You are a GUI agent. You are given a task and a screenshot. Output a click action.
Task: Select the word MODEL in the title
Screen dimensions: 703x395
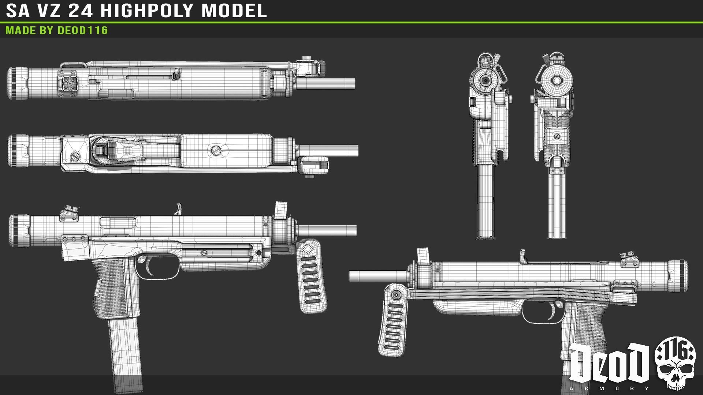(x=234, y=11)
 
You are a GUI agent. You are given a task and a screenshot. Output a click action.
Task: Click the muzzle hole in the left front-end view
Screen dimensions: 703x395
(x=486, y=80)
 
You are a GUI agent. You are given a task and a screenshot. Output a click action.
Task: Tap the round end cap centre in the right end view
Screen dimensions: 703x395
(x=557, y=80)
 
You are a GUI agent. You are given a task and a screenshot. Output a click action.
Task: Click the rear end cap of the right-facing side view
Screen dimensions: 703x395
(x=680, y=276)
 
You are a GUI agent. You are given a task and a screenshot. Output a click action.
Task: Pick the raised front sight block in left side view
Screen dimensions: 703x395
(x=281, y=211)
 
